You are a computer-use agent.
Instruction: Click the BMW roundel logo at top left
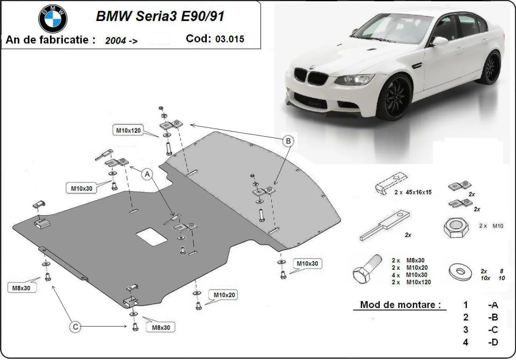[53, 19]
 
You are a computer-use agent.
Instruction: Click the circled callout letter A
[147, 174]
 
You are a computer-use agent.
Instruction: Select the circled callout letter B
[289, 140]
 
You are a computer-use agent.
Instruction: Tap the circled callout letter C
[75, 327]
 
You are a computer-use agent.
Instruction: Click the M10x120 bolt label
[128, 130]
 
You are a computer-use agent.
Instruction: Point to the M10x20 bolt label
[223, 295]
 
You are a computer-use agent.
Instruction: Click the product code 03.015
[230, 39]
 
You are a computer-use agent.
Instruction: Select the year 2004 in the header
[116, 41]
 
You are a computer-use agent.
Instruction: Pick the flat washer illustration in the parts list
[460, 271]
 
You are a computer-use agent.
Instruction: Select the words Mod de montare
[400, 305]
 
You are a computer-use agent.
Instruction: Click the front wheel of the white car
[394, 98]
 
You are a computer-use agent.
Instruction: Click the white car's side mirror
[439, 41]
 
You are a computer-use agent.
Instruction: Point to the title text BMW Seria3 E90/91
[160, 16]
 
